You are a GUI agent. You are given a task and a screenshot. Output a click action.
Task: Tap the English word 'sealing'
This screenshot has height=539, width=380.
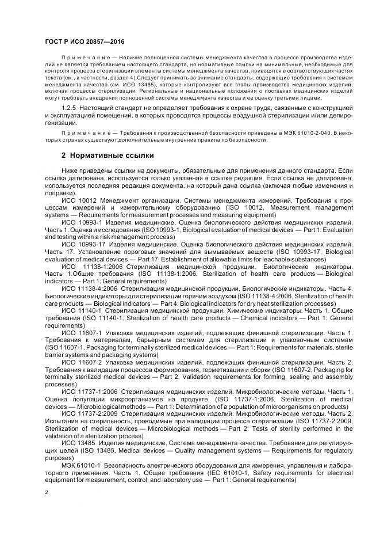[x=309, y=377]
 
